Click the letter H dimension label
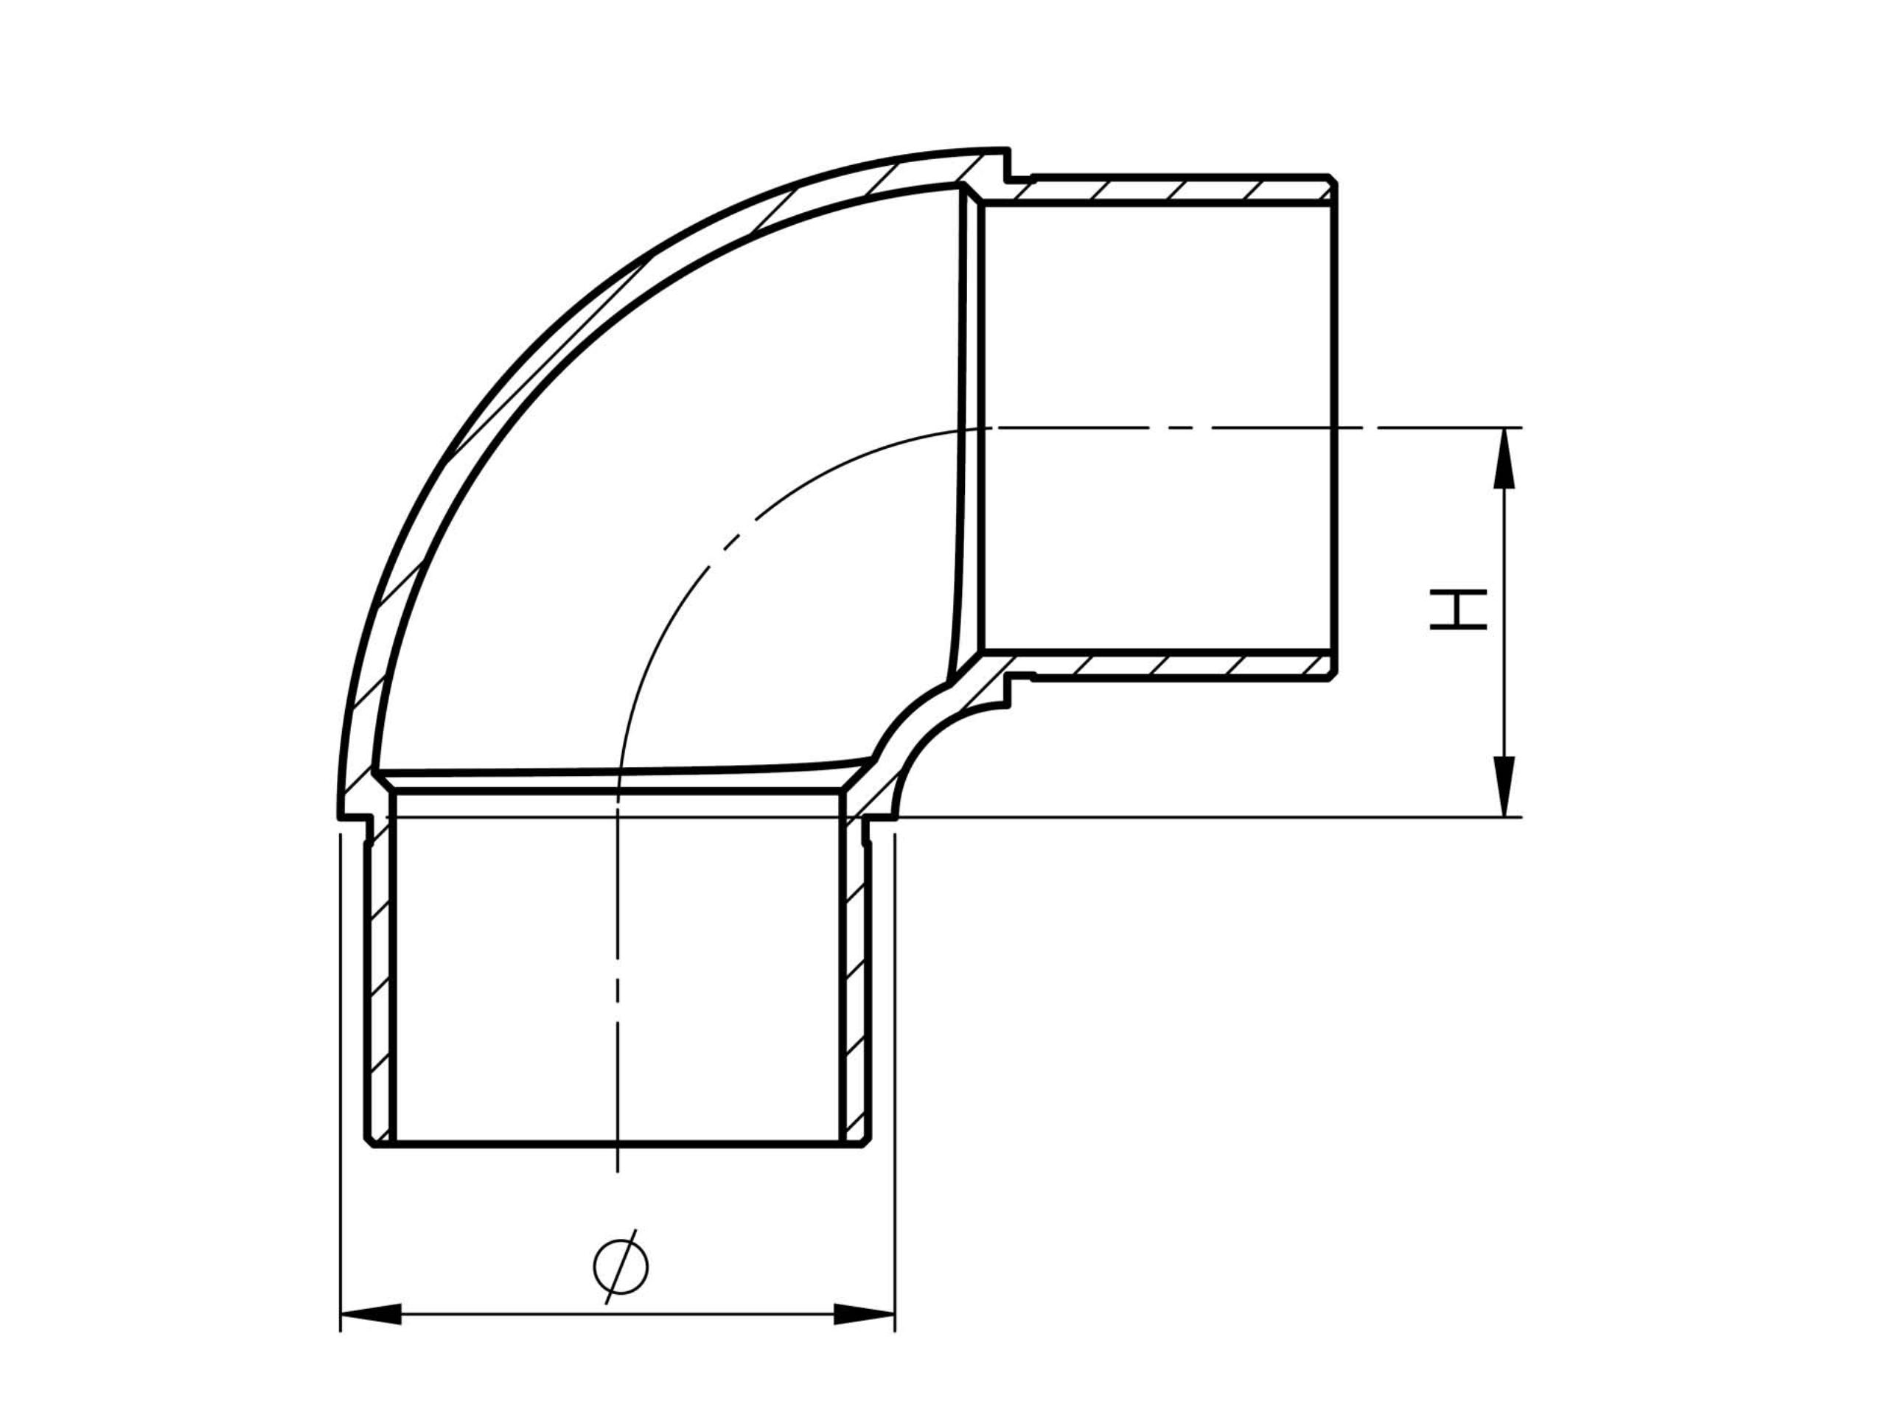pos(1458,609)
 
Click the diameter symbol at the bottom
pos(620,1268)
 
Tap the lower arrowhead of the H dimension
pos(1504,786)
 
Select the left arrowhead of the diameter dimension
pos(371,1314)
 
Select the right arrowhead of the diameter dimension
pos(863,1314)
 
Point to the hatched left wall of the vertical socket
pos(380,981)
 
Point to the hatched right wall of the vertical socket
pos(856,981)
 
